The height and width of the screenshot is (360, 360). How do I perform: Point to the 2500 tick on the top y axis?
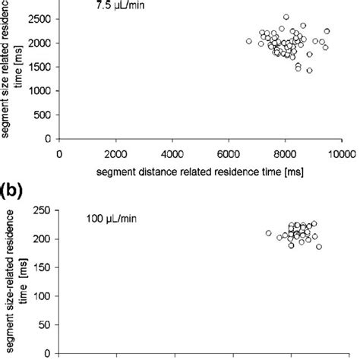point(41,17)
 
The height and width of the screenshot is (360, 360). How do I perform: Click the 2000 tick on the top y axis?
point(41,42)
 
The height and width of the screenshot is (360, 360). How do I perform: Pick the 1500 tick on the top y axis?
point(41,66)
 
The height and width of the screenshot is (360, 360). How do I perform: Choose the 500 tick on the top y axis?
point(44,115)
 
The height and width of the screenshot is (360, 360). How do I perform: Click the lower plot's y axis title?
point(17,271)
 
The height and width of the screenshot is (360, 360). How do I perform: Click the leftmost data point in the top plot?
point(249,41)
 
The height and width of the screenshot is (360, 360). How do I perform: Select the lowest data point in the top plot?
point(309,70)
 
